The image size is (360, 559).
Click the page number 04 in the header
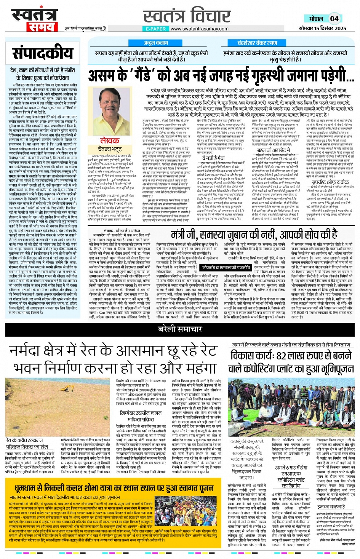click(334, 18)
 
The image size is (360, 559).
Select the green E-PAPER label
click(155, 29)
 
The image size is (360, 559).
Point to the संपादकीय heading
click(42, 54)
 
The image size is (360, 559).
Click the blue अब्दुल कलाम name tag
click(155, 43)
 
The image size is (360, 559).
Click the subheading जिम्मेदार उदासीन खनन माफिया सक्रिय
click(141, 415)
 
